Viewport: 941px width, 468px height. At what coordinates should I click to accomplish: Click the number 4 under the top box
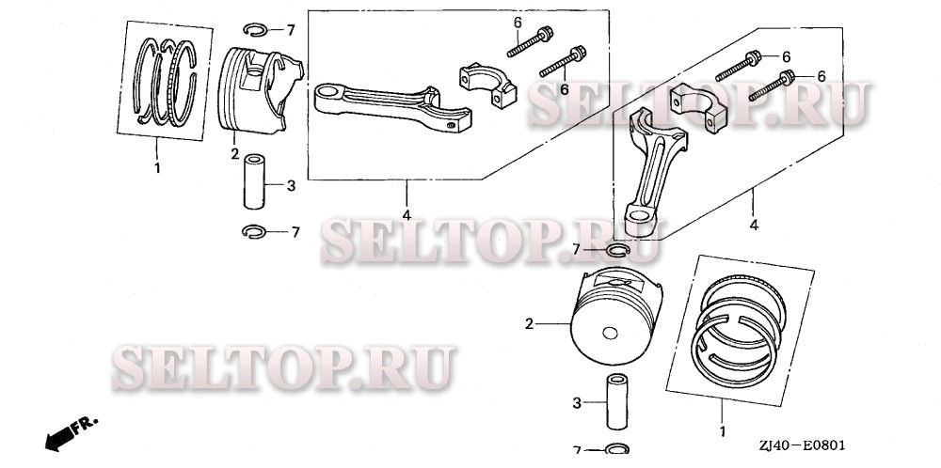click(407, 215)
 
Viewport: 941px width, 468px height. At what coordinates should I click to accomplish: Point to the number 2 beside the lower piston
click(529, 324)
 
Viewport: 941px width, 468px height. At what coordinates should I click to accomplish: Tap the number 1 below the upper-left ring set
click(158, 168)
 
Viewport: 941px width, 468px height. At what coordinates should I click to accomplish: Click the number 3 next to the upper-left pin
click(291, 186)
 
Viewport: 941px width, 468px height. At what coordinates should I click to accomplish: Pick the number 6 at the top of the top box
click(518, 22)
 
